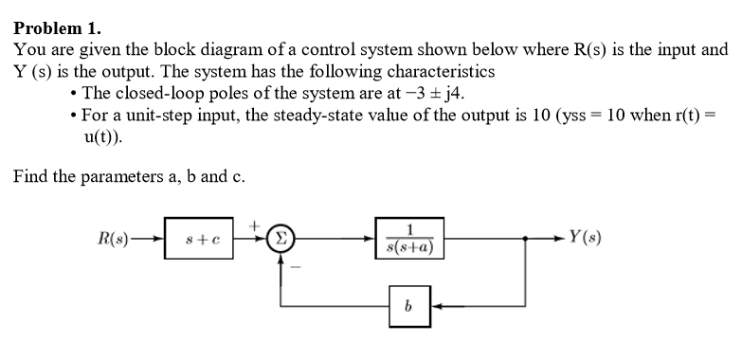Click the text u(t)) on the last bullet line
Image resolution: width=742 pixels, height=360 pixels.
[103, 135]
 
